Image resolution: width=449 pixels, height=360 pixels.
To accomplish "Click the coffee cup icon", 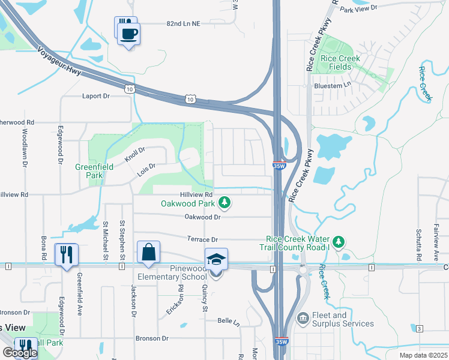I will (128, 32).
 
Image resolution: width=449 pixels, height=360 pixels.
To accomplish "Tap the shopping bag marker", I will (148, 253).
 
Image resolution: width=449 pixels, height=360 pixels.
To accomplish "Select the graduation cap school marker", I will (216, 260).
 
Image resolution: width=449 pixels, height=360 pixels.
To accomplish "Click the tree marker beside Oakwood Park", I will (224, 203).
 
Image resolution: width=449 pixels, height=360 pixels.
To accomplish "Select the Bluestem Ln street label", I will (332, 86).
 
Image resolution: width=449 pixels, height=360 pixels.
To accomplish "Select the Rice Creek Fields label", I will (340, 62).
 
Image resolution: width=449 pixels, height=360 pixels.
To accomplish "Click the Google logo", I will (19, 353).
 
